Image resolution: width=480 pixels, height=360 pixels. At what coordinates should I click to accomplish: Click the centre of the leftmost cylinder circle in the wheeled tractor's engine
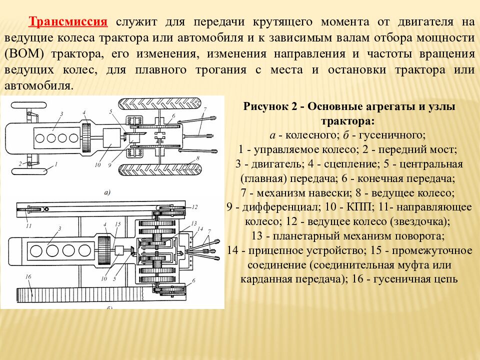[40, 138]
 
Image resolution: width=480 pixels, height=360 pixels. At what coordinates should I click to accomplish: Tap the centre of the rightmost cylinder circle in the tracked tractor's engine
[84, 250]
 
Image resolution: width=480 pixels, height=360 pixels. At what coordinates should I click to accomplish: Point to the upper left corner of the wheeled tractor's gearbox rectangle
[103, 128]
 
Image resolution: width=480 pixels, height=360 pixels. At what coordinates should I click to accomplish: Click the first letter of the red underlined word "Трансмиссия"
[32, 22]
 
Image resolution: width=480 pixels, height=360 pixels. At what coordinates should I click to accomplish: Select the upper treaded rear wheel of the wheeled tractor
[160, 104]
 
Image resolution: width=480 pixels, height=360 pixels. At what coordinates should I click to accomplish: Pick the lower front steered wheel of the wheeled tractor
[29, 171]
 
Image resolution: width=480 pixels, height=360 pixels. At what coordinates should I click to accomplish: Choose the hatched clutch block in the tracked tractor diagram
[104, 250]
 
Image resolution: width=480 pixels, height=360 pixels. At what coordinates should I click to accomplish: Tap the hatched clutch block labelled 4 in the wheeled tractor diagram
[87, 138]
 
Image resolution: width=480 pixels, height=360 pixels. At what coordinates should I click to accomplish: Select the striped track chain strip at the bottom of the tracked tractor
[80, 295]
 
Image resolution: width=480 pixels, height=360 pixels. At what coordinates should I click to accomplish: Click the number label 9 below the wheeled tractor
[109, 165]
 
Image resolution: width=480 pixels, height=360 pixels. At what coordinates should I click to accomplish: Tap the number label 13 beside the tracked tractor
[194, 223]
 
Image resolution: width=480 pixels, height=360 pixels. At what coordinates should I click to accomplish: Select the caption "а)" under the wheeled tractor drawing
[107, 192]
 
